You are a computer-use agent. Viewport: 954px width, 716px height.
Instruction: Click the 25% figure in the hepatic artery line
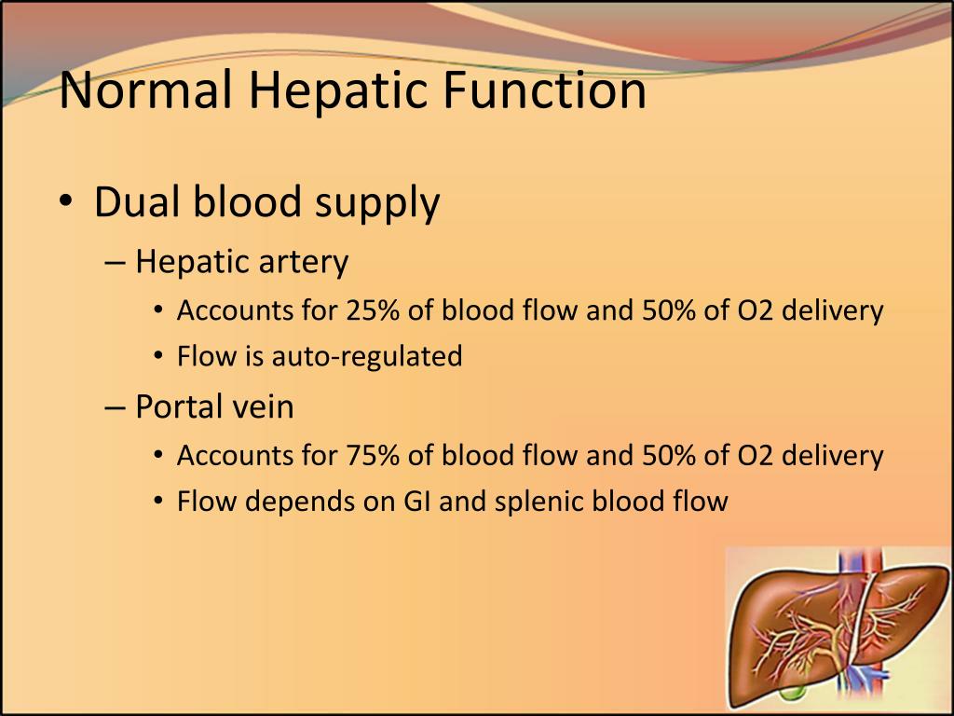click(373, 310)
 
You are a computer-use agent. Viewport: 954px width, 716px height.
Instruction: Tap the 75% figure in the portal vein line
click(373, 456)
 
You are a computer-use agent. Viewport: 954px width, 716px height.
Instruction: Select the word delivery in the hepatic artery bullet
click(832, 310)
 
